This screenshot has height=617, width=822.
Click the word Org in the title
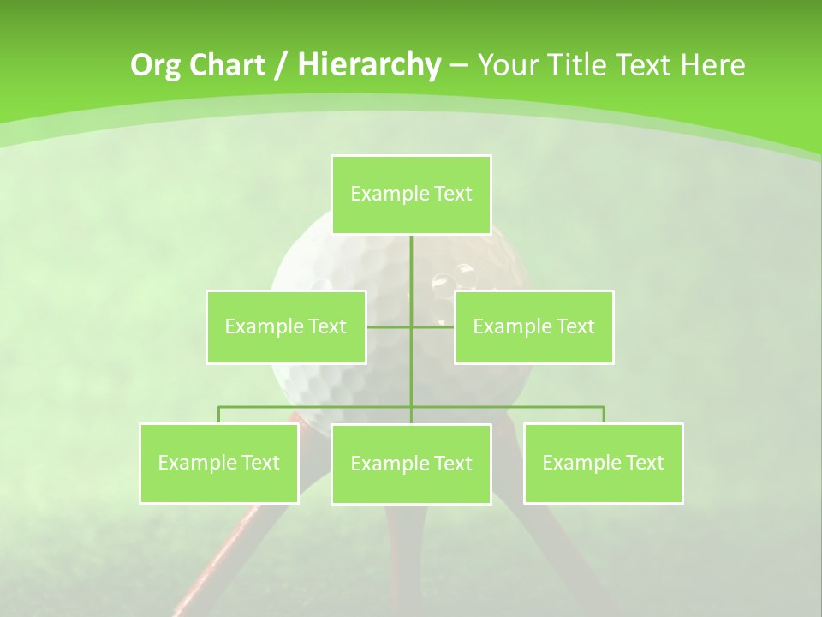pyautogui.click(x=156, y=65)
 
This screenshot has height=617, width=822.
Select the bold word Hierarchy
pyautogui.click(x=369, y=65)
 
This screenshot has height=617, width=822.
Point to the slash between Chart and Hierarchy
pyautogui.click(x=281, y=65)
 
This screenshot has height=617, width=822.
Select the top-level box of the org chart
pyautogui.click(x=411, y=195)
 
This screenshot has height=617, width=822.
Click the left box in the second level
pyautogui.click(x=286, y=326)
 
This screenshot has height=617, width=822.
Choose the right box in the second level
pyautogui.click(x=533, y=326)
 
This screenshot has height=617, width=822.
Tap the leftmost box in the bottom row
pyautogui.click(x=219, y=463)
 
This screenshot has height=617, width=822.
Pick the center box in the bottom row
pyautogui.click(x=411, y=464)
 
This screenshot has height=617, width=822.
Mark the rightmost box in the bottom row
pyautogui.click(x=603, y=463)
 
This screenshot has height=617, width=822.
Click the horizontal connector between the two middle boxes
pyautogui.click(x=410, y=326)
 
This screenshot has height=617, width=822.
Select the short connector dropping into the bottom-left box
pyautogui.click(x=219, y=415)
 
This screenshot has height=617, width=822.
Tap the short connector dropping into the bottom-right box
pyautogui.click(x=603, y=415)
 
